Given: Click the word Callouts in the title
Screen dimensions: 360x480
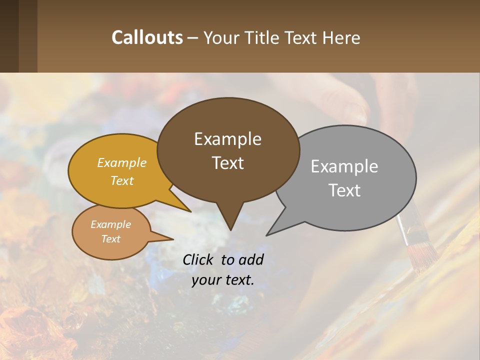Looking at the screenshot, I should [x=147, y=37].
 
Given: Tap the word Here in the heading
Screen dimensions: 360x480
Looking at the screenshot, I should [x=341, y=37].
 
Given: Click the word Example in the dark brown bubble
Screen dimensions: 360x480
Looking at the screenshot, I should [x=227, y=139].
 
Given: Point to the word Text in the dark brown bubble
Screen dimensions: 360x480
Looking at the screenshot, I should [x=227, y=163].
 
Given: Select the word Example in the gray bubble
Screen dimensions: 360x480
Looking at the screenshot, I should [x=344, y=166].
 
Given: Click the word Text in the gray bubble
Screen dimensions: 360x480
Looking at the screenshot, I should [x=344, y=190].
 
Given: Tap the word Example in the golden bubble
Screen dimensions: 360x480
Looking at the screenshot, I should [x=122, y=162].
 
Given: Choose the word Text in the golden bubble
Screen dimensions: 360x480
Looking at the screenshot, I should [x=122, y=180].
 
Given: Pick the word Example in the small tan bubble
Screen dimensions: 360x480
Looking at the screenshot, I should [x=110, y=224].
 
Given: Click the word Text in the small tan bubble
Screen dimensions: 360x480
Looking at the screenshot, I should [x=110, y=239].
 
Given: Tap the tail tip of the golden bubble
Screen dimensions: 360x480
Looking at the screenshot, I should [x=190, y=211].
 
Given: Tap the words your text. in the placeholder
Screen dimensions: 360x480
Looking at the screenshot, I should [x=222, y=280].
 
